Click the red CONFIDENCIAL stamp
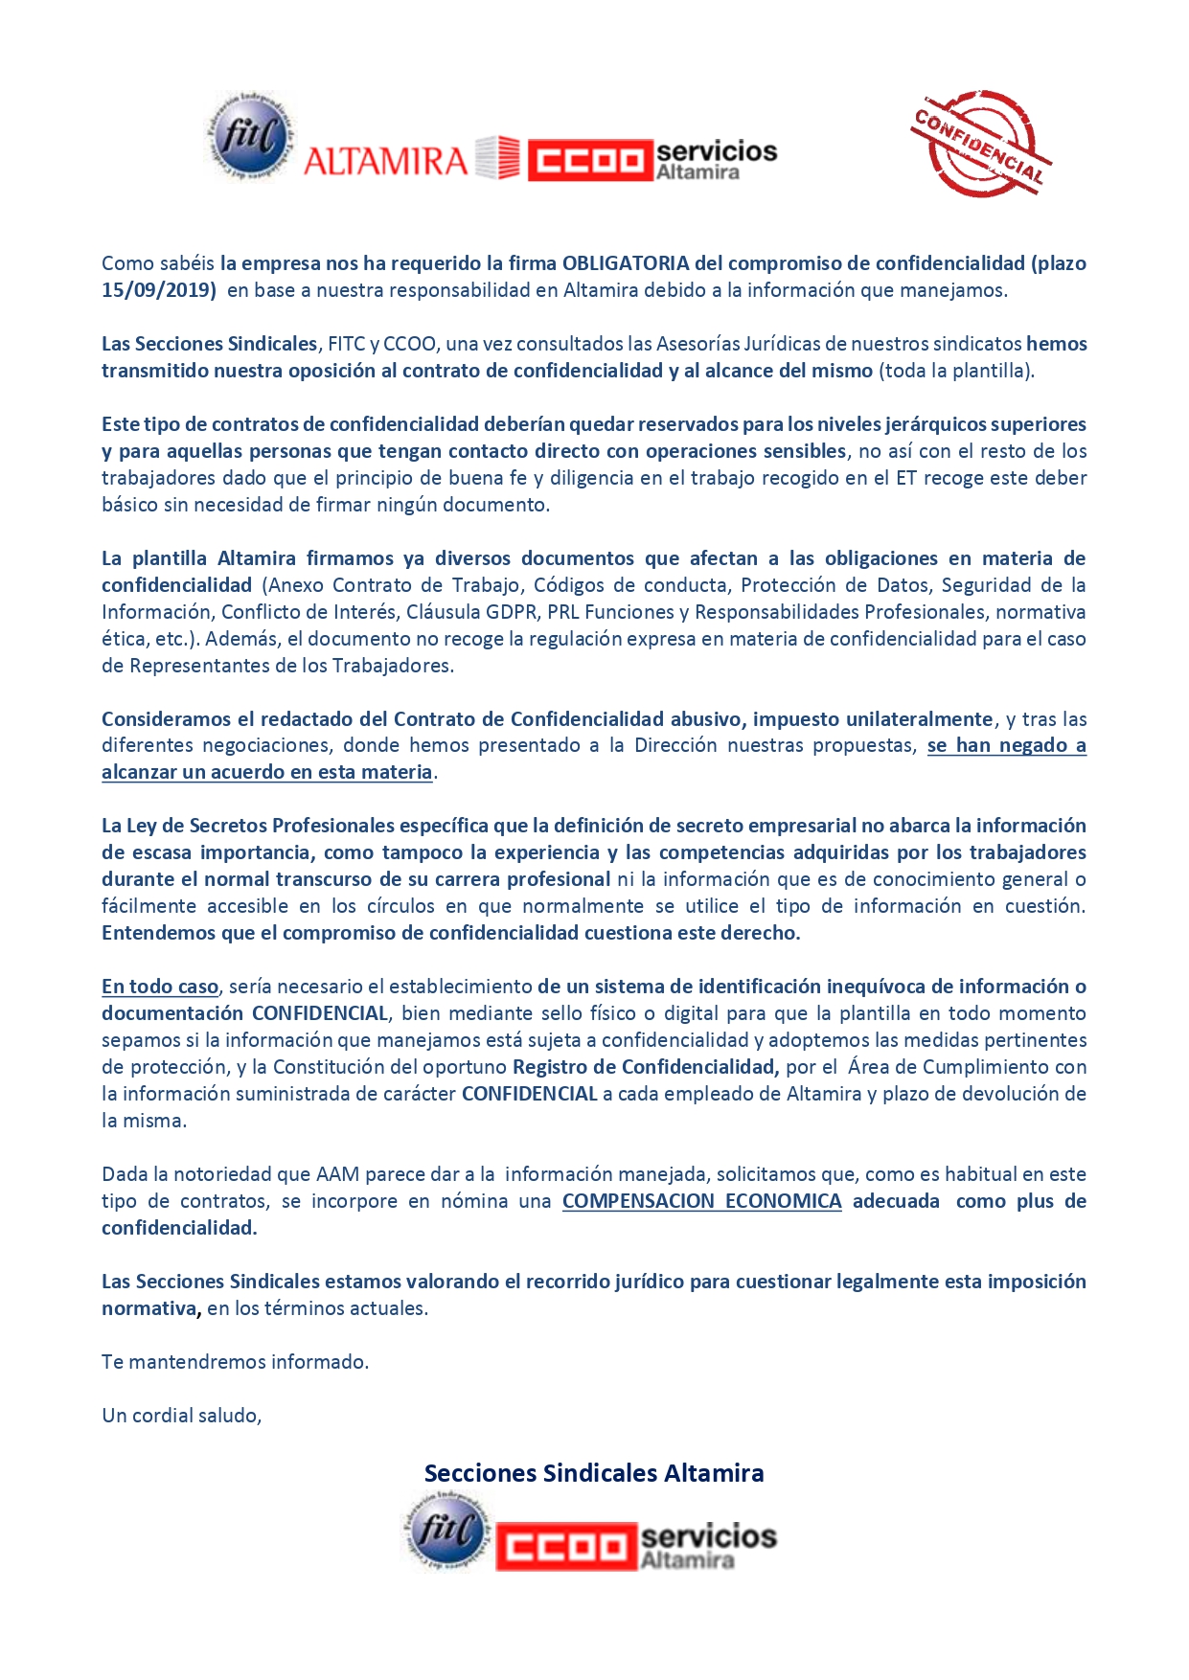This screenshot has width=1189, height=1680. click(x=980, y=144)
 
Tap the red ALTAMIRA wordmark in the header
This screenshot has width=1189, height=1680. click(x=385, y=160)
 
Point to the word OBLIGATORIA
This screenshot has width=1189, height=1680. click(x=626, y=263)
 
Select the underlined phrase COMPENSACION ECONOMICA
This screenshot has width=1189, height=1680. click(x=701, y=1201)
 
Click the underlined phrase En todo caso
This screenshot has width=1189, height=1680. click(x=160, y=987)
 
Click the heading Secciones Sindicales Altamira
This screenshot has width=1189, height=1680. click(x=594, y=1473)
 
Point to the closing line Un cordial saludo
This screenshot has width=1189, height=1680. click(x=182, y=1416)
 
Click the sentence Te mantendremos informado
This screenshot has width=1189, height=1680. click(x=235, y=1362)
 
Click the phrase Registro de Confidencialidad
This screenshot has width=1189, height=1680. click(x=645, y=1067)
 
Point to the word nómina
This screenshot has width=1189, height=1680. click(x=474, y=1201)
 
